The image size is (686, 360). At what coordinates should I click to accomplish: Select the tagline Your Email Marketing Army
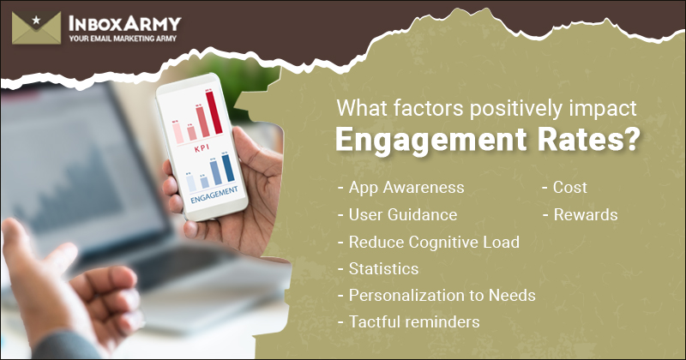[121, 39]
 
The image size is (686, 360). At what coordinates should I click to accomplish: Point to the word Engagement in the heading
[421, 139]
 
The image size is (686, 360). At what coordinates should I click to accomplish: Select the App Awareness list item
[401, 187]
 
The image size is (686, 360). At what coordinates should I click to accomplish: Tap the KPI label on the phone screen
[202, 147]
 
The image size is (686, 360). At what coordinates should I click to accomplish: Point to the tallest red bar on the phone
[214, 112]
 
